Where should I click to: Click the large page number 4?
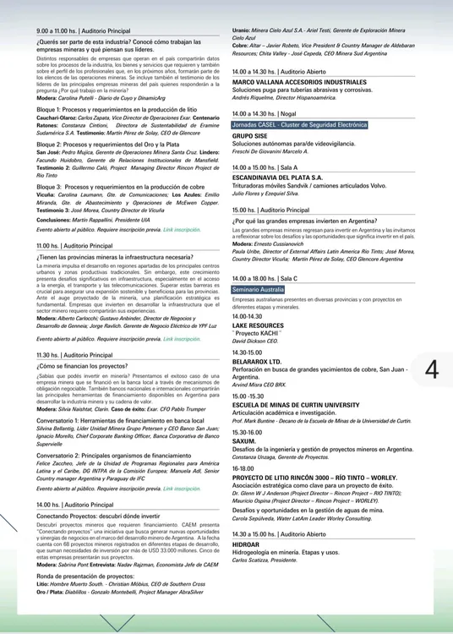(x=431, y=369)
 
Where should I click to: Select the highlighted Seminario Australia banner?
(x=259, y=289)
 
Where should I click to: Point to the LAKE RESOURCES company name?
(x=258, y=325)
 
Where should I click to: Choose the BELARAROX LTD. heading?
(x=256, y=361)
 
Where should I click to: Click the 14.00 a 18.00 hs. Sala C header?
(x=265, y=277)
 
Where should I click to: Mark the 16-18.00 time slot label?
(x=243, y=468)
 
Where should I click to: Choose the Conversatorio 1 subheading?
(x=120, y=420)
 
